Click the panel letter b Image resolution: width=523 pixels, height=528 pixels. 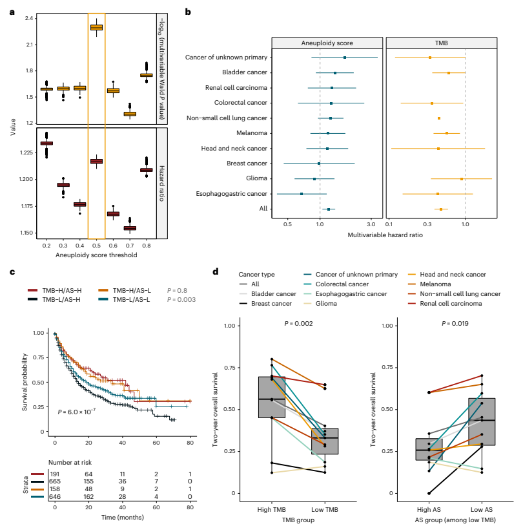pyautogui.click(x=188, y=12)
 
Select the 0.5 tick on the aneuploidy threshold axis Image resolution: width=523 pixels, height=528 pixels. pyautogui.click(x=96, y=246)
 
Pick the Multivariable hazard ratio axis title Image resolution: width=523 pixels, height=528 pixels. pyautogui.click(x=385, y=235)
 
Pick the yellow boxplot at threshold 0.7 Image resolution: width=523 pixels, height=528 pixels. pyautogui.click(x=130, y=114)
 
